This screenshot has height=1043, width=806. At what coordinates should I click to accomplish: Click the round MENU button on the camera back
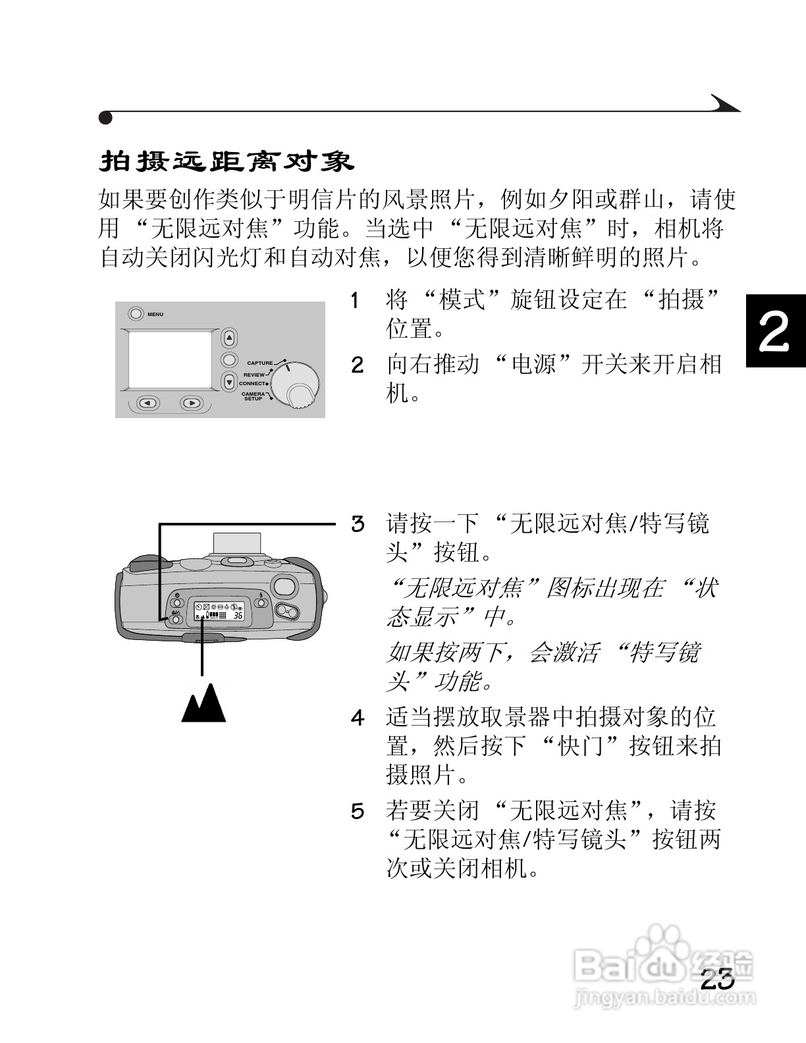(135, 314)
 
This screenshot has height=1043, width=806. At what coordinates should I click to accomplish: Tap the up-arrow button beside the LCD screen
(229, 338)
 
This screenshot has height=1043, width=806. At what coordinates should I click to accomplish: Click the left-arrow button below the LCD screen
(148, 403)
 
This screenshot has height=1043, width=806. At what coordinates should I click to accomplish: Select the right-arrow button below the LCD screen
(192, 403)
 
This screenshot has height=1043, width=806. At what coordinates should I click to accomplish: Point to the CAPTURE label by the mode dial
(259, 363)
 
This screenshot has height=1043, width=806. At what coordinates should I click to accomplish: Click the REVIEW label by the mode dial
(254, 375)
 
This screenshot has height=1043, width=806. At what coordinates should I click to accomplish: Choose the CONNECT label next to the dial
(252, 383)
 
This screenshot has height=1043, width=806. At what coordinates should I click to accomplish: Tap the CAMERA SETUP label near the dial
(253, 396)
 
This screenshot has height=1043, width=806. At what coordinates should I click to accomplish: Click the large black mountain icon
(203, 704)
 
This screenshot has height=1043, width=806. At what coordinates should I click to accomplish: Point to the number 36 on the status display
(238, 616)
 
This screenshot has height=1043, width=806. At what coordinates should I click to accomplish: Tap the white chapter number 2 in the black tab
(775, 332)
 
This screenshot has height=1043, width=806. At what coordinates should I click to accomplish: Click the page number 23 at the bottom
(717, 979)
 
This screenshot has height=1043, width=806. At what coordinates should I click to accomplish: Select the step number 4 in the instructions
(357, 717)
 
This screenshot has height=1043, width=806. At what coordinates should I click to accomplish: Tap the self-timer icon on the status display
(198, 606)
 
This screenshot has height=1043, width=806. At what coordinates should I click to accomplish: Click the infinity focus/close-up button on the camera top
(176, 619)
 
